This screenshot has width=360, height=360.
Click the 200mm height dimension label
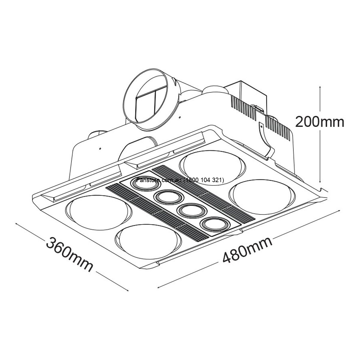point(319,122)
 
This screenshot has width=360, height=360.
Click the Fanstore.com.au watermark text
point(180,180)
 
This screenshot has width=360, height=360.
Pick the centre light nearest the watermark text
point(143,184)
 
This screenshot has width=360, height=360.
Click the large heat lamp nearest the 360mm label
point(97,213)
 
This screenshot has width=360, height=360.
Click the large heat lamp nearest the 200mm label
point(262,197)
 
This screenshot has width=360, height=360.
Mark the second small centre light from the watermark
point(169,197)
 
